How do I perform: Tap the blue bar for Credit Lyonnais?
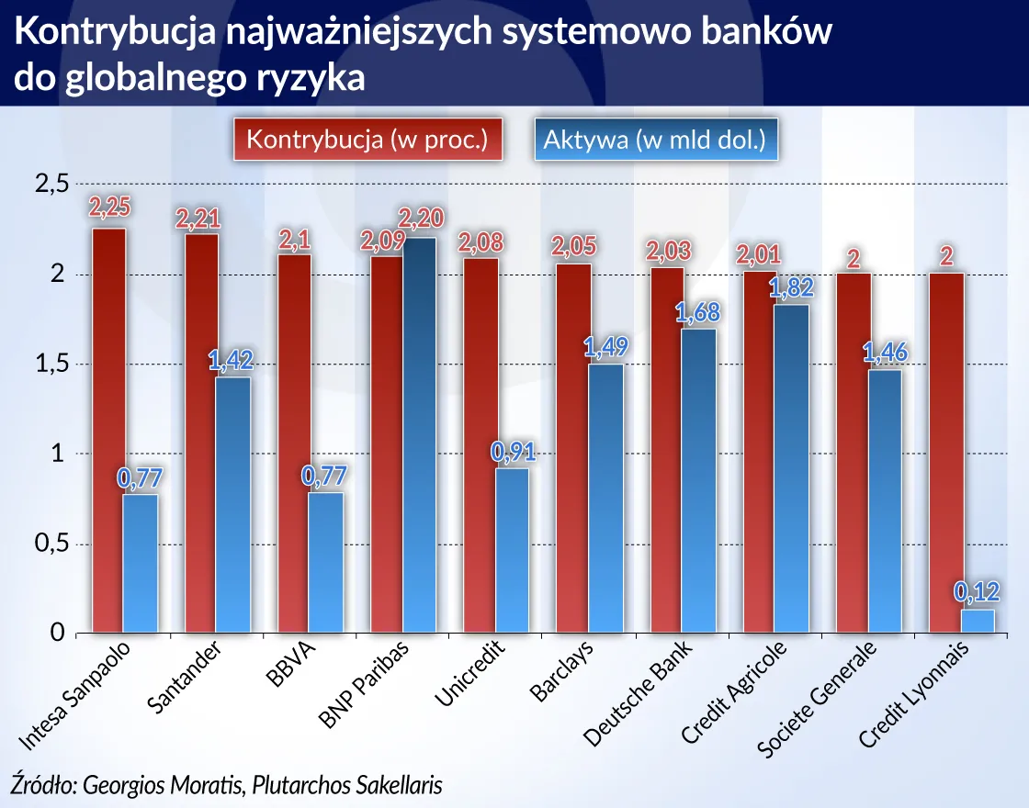point(978,622)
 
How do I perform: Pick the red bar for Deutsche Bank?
point(666,450)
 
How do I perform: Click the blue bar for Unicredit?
point(512,551)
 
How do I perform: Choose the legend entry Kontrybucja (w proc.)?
point(367,140)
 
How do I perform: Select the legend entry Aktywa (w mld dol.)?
point(654,140)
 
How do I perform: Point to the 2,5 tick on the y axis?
point(51,185)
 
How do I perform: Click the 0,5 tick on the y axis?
point(51,544)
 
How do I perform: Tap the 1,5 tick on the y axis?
point(51,365)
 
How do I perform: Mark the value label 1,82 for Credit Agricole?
point(790,286)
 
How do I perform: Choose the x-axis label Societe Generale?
point(819,700)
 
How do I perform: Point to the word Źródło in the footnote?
point(42,785)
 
